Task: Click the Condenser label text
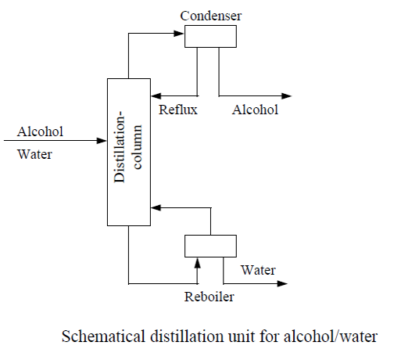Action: (211, 16)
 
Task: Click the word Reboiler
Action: (209, 297)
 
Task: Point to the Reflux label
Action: (178, 110)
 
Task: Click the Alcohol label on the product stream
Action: (255, 110)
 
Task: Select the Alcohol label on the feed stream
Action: (40, 131)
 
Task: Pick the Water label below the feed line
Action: (34, 154)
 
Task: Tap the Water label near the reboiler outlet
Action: (258, 270)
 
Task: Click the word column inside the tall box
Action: (138, 147)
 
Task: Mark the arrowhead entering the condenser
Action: (179, 34)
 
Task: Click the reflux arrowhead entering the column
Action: (156, 95)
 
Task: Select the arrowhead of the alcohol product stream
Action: (286, 95)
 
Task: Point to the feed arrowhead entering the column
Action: (102, 140)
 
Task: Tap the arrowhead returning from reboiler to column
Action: (156, 207)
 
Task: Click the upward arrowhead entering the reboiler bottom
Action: (198, 263)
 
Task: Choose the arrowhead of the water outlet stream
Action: (282, 283)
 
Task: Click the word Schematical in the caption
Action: (103, 337)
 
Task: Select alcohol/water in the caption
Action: (331, 337)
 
